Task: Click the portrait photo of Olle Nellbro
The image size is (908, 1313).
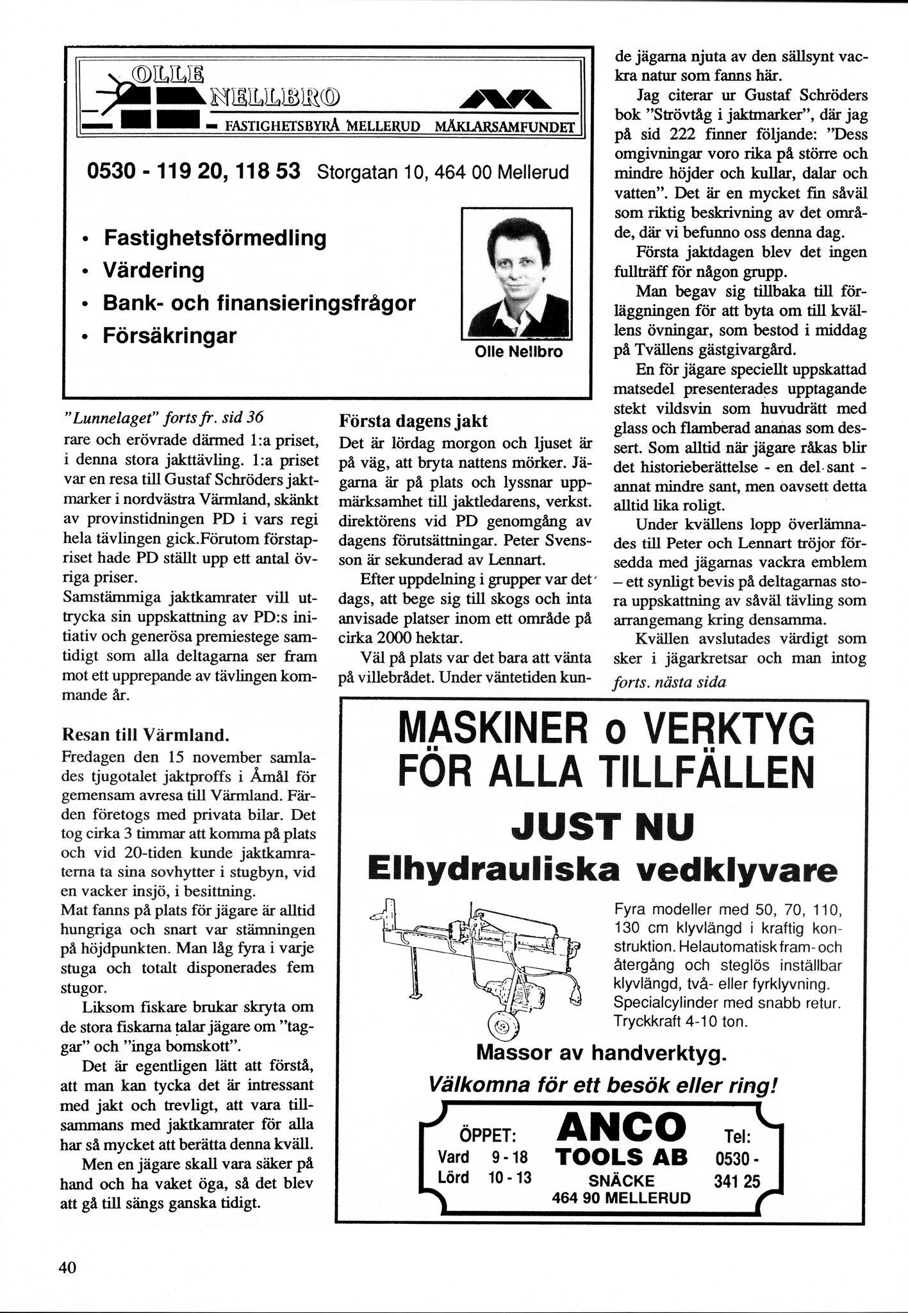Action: (516, 274)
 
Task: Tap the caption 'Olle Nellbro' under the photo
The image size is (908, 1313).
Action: (518, 352)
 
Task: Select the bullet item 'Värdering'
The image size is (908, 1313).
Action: (153, 270)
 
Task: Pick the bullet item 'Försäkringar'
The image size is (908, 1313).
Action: (170, 335)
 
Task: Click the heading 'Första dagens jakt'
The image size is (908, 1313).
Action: (413, 421)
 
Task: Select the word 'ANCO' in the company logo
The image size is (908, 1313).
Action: (622, 1127)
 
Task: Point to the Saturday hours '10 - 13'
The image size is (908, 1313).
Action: (510, 1177)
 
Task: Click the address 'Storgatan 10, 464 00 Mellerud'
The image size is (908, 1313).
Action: (443, 172)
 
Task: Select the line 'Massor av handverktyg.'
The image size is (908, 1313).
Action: (602, 1053)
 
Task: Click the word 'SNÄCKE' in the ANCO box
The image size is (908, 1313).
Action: (622, 1181)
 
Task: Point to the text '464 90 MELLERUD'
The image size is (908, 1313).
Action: (622, 1198)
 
